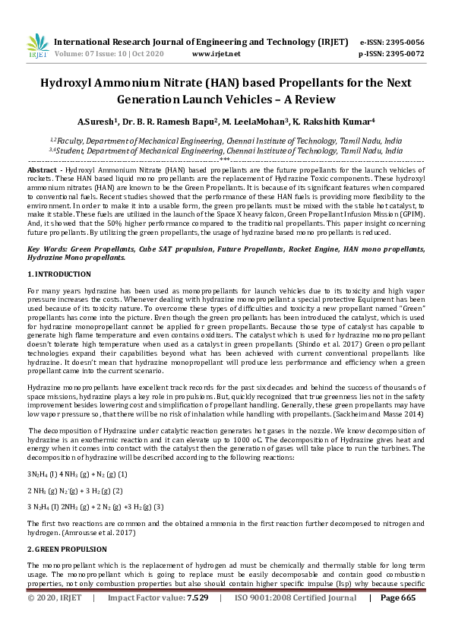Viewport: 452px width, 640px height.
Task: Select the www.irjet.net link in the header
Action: [217, 54]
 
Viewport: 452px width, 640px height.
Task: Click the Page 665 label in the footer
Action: [398, 619]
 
